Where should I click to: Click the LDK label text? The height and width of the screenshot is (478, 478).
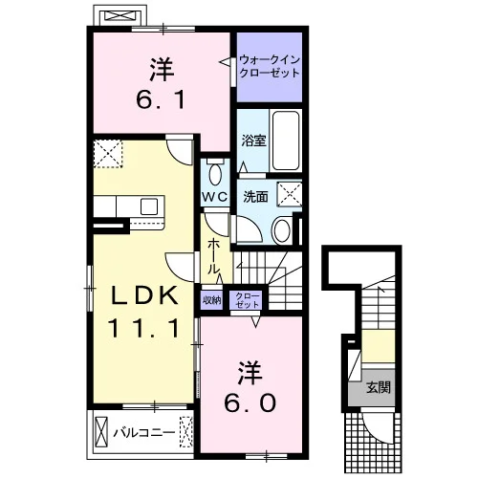(x=144, y=296)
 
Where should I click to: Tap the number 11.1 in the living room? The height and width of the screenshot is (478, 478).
(x=143, y=329)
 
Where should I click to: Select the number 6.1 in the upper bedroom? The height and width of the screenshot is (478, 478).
(x=161, y=99)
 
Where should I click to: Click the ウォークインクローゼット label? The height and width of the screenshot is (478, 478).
(x=270, y=66)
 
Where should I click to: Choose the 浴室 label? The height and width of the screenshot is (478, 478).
(x=253, y=141)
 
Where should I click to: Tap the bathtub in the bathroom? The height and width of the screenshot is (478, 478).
(x=286, y=141)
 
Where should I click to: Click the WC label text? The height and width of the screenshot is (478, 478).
(x=215, y=197)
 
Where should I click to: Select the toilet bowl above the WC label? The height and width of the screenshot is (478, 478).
(x=216, y=173)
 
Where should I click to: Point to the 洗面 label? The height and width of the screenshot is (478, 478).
(x=255, y=197)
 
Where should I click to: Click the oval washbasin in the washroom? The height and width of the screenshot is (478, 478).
(x=282, y=230)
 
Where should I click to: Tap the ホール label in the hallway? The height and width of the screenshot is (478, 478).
(x=213, y=257)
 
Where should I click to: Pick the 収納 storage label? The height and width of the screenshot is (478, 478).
(x=212, y=300)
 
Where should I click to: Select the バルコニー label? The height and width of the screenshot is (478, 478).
(x=144, y=432)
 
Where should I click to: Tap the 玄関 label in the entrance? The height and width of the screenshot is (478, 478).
(x=379, y=387)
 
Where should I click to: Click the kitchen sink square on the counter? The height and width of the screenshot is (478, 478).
(x=149, y=206)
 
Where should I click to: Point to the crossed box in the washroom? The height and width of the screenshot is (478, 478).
(x=289, y=194)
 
